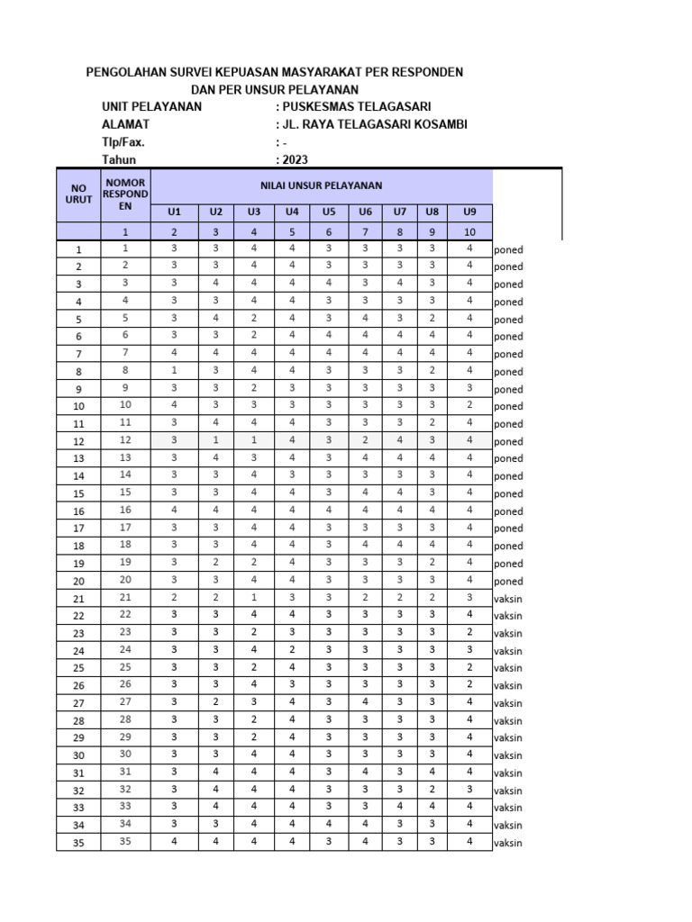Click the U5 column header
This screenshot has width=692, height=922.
tap(329, 212)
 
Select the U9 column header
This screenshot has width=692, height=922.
tap(469, 212)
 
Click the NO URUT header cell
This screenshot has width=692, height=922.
tap(78, 194)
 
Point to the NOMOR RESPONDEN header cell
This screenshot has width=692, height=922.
tap(125, 194)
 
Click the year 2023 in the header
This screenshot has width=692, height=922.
tap(293, 159)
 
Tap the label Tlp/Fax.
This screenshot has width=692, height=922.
tap(123, 142)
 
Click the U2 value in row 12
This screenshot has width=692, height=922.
tap(216, 440)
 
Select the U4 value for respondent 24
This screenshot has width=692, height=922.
tap(292, 649)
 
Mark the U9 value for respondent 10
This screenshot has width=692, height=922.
tap(469, 405)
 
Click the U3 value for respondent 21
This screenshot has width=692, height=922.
tap(254, 597)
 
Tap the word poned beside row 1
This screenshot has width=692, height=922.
tap(508, 249)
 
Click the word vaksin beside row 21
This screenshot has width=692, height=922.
tap(508, 599)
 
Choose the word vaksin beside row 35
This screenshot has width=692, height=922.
tap(508, 843)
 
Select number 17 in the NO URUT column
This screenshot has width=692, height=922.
tap(78, 529)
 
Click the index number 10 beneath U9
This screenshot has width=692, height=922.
tap(469, 231)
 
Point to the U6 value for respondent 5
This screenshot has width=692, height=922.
tap(365, 318)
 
